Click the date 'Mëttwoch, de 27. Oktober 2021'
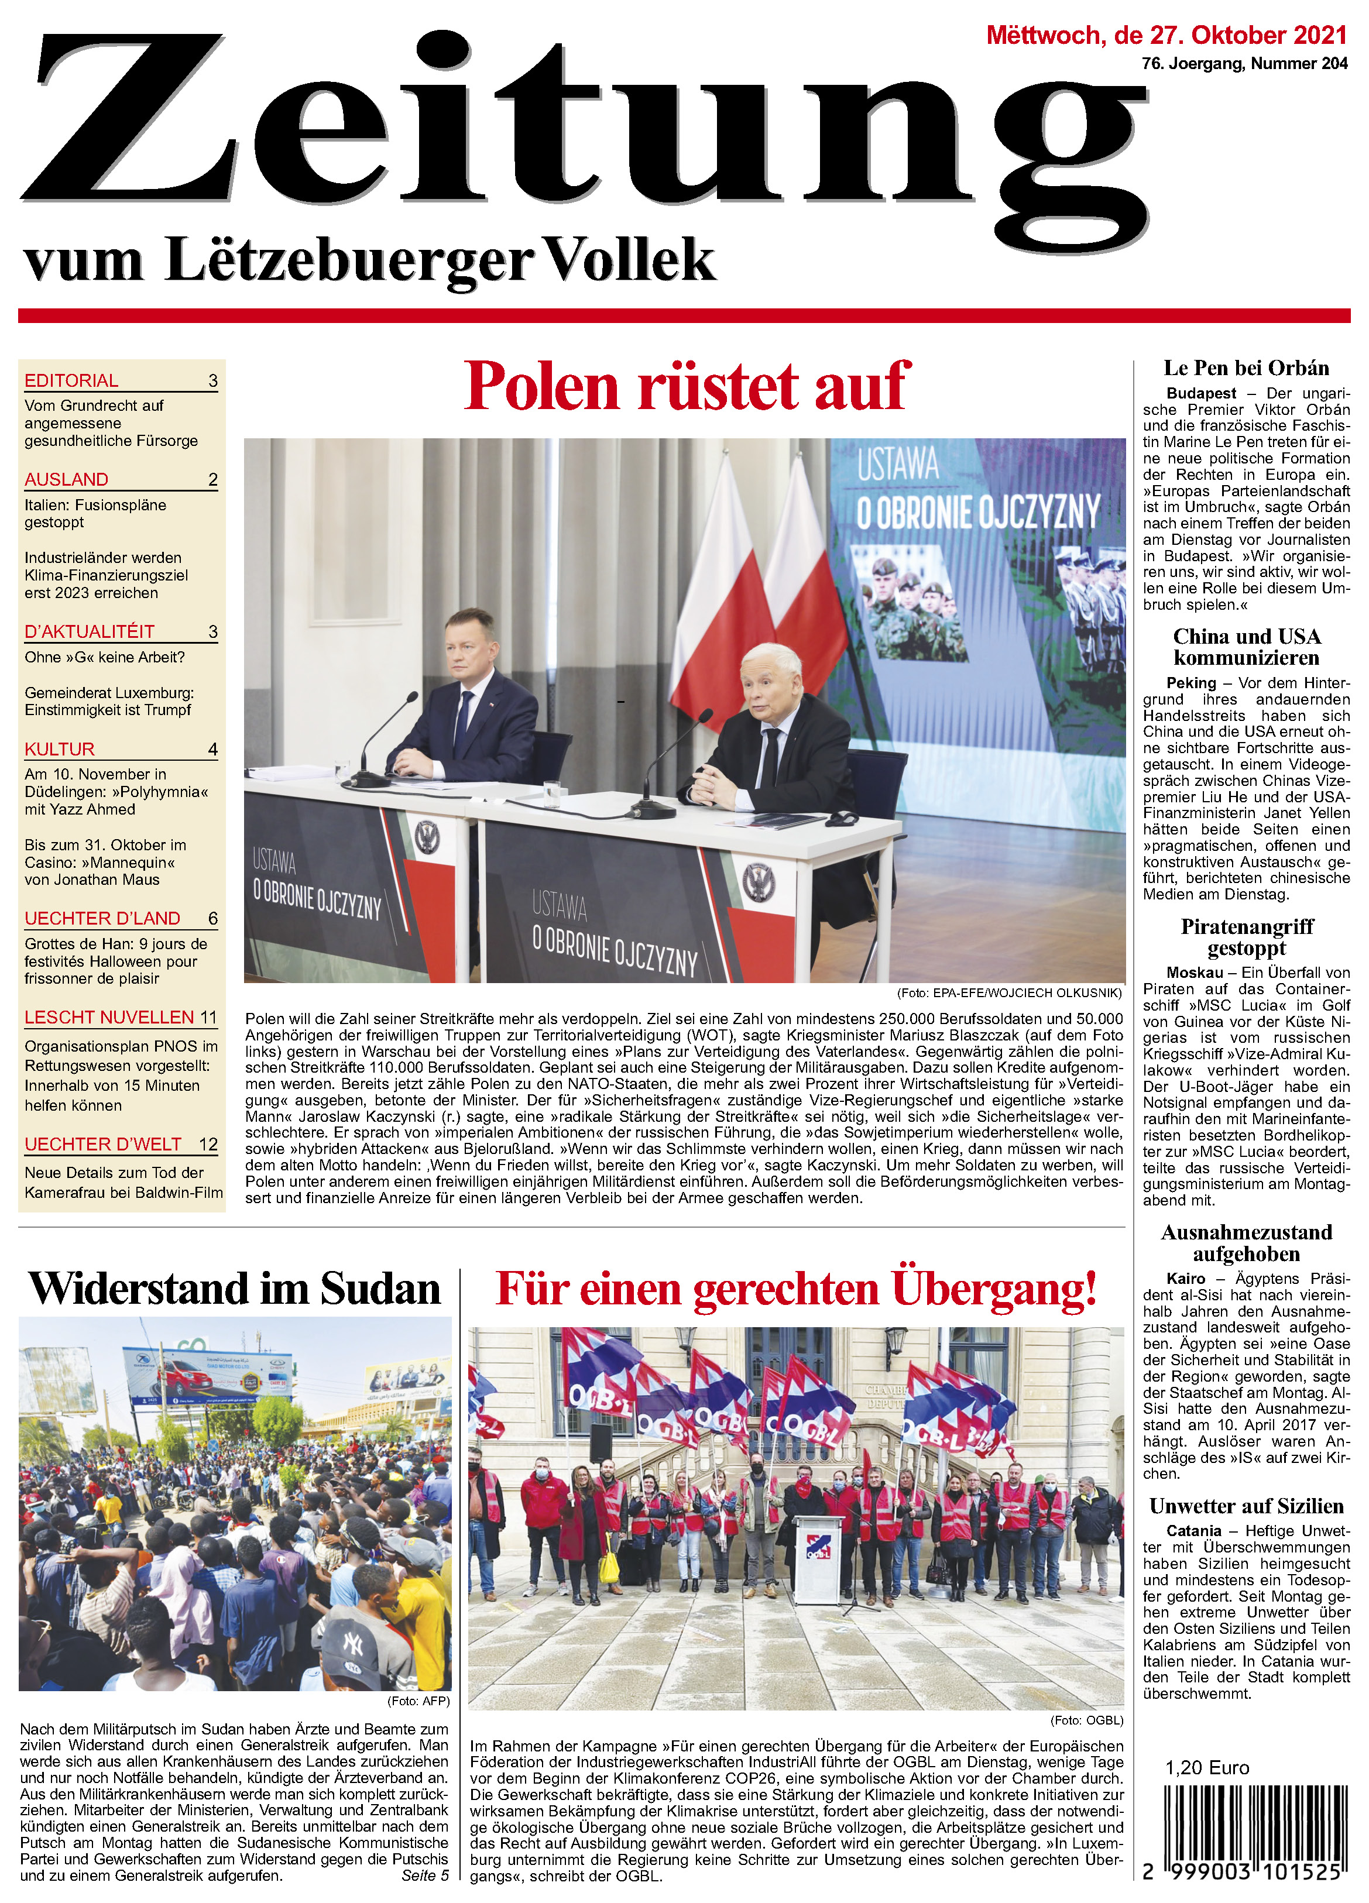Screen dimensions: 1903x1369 click(1166, 35)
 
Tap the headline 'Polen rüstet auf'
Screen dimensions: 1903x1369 click(687, 386)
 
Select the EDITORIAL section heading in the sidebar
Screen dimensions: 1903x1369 click(71, 381)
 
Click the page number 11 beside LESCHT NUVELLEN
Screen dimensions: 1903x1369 click(208, 1018)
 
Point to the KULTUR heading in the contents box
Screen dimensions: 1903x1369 click(60, 749)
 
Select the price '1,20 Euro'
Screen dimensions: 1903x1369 click(1206, 1768)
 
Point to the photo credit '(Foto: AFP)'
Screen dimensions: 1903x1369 click(418, 1702)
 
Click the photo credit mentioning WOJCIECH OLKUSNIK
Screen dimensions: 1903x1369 click(1009, 992)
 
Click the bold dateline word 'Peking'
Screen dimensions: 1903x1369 click(1191, 683)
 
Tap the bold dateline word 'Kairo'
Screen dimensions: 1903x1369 click(1186, 1278)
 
